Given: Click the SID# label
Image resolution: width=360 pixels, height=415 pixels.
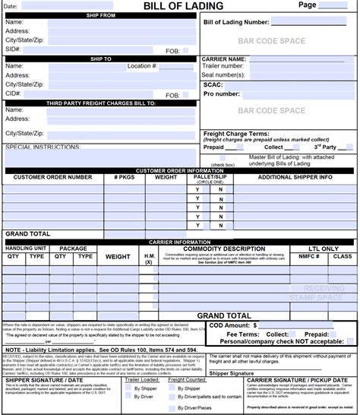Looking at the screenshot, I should [x=13, y=49].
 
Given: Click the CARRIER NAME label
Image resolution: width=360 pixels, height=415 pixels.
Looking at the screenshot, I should [x=224, y=59].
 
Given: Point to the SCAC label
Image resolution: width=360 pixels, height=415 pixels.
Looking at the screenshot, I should [x=213, y=84].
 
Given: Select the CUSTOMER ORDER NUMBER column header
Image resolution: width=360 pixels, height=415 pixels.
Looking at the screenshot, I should [x=53, y=177].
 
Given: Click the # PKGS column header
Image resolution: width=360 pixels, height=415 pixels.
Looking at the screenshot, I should [x=124, y=177].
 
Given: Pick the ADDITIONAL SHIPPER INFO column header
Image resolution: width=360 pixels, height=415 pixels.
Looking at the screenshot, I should [x=295, y=177].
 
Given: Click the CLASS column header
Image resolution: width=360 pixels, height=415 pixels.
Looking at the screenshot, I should [x=343, y=257].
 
